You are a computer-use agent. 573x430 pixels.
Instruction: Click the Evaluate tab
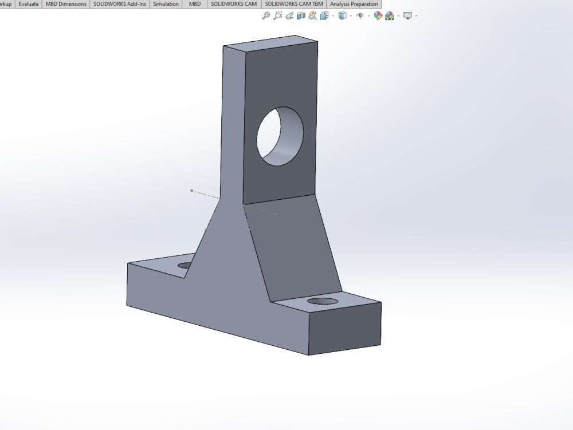[x=28, y=4]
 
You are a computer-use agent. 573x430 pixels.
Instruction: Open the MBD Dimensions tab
[x=66, y=4]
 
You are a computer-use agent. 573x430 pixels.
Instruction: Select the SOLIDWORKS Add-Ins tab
[x=119, y=4]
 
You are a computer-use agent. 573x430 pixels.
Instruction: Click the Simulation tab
[x=166, y=4]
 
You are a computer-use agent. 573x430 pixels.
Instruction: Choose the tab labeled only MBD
[x=195, y=4]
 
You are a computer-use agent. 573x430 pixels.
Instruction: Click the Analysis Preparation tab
[x=354, y=4]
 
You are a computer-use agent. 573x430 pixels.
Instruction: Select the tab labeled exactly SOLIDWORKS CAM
[x=233, y=4]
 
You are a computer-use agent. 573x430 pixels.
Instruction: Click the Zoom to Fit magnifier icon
[x=266, y=16]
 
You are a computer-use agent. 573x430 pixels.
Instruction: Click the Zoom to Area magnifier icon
[x=278, y=16]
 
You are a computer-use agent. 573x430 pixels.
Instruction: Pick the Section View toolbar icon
[x=301, y=16]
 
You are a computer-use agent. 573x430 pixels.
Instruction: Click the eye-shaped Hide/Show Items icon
[x=360, y=16]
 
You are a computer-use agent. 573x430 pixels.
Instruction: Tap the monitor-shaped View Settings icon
[x=407, y=16]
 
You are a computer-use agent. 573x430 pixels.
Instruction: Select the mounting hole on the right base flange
[x=323, y=301]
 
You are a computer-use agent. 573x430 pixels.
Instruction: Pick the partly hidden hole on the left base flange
[x=185, y=265]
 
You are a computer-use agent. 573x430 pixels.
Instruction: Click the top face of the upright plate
[x=269, y=45]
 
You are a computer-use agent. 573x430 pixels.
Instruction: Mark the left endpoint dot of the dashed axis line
[x=191, y=190]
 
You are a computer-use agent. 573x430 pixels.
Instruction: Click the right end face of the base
[x=345, y=329]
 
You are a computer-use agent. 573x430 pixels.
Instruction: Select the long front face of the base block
[x=218, y=312]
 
